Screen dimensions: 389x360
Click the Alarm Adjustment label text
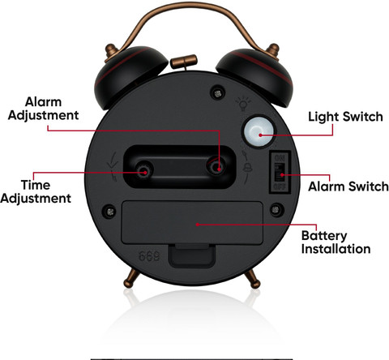[x=43, y=109]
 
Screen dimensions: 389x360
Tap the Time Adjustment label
[x=36, y=191]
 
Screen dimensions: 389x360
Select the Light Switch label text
[x=345, y=117]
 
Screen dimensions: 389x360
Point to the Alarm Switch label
[x=348, y=186]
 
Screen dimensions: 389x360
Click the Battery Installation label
[x=336, y=242]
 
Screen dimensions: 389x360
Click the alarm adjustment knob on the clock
[x=216, y=168]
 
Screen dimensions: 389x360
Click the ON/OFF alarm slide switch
[x=280, y=172]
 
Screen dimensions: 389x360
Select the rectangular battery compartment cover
[x=192, y=223]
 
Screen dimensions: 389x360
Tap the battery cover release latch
[x=192, y=256]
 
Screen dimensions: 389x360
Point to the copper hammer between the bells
[x=184, y=62]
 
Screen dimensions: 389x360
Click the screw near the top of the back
[x=218, y=93]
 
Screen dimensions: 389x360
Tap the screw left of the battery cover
[x=110, y=211]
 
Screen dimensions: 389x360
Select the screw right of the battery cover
[x=276, y=210]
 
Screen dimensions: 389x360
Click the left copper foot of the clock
[x=131, y=278]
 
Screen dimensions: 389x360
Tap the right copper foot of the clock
[x=253, y=279]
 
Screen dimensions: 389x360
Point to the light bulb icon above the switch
[x=243, y=103]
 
